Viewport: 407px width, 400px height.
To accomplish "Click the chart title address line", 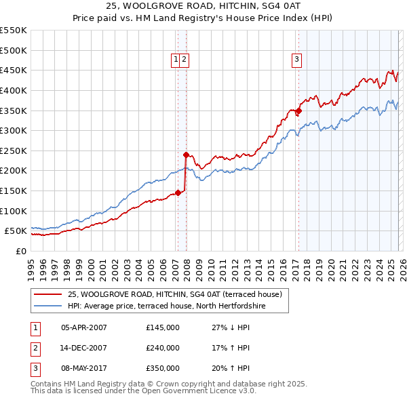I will [203, 6].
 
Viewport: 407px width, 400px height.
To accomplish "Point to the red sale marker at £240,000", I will [186, 155].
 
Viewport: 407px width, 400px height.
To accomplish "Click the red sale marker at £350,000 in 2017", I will [298, 111].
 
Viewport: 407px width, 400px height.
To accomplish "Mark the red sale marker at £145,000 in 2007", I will [178, 193].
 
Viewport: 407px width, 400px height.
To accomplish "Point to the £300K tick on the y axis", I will [14, 130].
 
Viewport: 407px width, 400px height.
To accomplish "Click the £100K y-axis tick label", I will [14, 211].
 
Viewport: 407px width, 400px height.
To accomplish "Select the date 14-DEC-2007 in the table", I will [84, 348].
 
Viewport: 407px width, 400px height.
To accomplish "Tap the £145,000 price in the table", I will [163, 327].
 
